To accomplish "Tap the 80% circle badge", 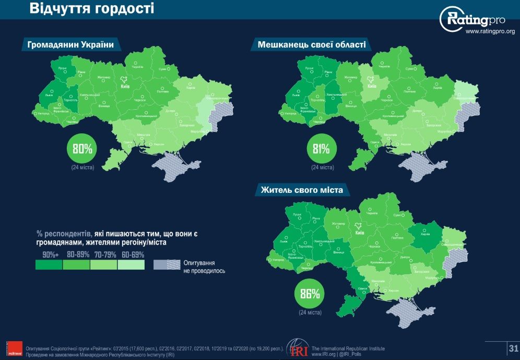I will (82, 149).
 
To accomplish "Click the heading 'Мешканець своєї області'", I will (312, 45).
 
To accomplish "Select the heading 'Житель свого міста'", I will (302, 190).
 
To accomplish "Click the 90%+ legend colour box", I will (49, 265).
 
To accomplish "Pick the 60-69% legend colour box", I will (131, 265).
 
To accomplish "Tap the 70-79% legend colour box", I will (103, 265).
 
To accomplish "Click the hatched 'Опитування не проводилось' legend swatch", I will (167, 265).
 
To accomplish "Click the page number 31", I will (513, 349).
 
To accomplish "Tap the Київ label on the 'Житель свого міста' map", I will (359, 233).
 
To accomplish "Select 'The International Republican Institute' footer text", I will (348, 348).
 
